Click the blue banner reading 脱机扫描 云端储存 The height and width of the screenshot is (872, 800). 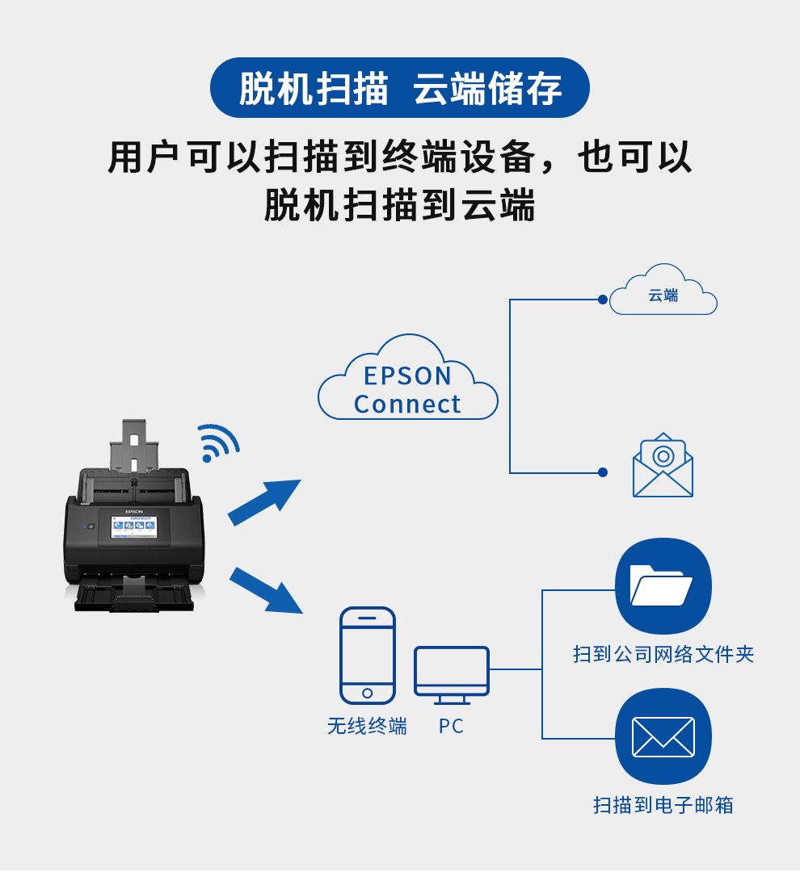(399, 88)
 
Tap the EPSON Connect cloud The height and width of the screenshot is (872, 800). (407, 388)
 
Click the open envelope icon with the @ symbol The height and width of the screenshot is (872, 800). (663, 467)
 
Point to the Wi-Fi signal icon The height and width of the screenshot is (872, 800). (217, 442)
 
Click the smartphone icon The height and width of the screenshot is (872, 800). (368, 655)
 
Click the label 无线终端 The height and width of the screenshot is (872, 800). (367, 726)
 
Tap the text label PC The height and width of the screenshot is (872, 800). (452, 727)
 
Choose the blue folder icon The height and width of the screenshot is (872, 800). (663, 586)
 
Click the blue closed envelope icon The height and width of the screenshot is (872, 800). (663, 736)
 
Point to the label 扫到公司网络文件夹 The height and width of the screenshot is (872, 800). (663, 654)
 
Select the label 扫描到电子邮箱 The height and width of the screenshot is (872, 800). (663, 805)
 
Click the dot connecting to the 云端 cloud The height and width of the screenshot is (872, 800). (602, 300)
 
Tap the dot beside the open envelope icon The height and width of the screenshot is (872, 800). (602, 472)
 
